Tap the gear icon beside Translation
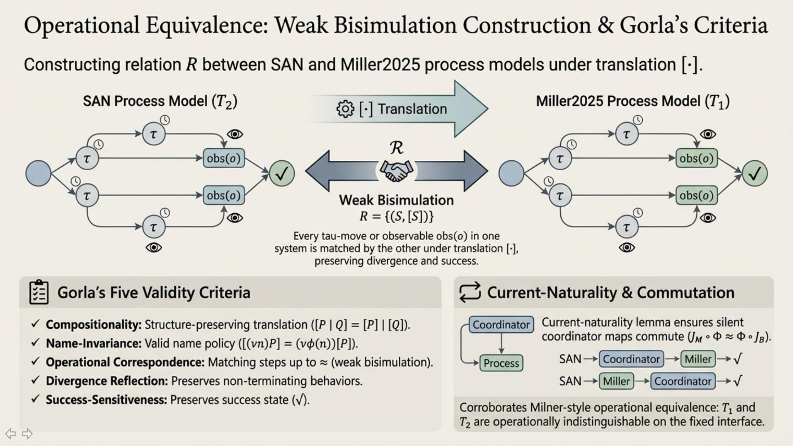(x=345, y=109)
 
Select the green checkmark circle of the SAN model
(x=282, y=173)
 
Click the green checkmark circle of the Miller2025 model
(x=755, y=173)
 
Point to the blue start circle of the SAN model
(x=38, y=173)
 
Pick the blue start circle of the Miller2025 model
(x=511, y=173)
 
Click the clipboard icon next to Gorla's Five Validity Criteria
(x=39, y=292)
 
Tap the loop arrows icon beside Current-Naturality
(x=470, y=292)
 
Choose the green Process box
(x=501, y=363)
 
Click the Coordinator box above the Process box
(x=501, y=325)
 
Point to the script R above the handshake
(x=396, y=148)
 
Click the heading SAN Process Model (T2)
(x=160, y=101)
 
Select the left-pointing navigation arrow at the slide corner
(x=11, y=434)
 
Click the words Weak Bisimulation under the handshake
(x=396, y=200)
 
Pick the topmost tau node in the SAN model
(x=154, y=134)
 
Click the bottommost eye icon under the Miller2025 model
(x=627, y=247)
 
